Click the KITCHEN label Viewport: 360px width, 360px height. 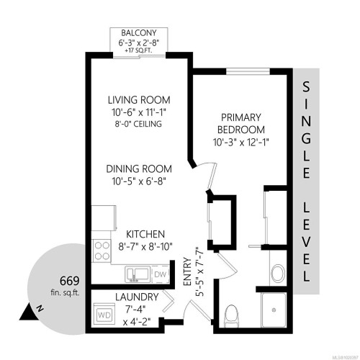(x=146, y=234)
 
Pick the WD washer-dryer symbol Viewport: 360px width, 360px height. (x=104, y=315)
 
